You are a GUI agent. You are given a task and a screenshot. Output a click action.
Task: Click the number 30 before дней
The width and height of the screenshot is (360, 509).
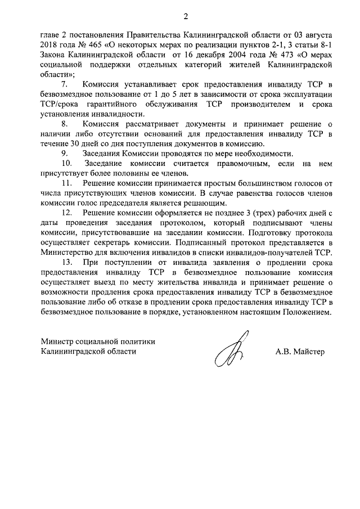(78, 142)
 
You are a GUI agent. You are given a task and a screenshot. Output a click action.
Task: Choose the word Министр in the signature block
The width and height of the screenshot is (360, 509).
(58, 341)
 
